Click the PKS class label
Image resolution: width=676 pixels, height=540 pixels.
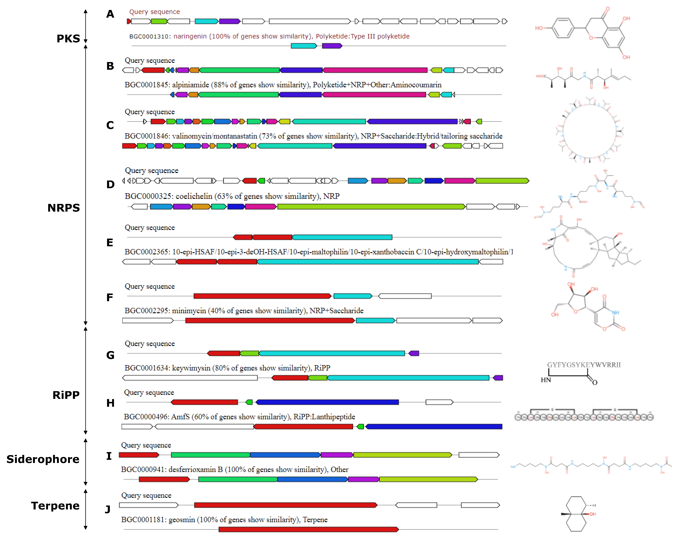pyautogui.click(x=68, y=39)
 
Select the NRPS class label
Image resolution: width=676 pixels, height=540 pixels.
pyautogui.click(x=64, y=208)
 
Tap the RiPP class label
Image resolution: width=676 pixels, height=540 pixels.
pyautogui.click(x=66, y=395)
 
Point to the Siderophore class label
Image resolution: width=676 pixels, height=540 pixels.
pyautogui.click(x=43, y=459)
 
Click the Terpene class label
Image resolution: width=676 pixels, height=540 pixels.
pyautogui.click(x=55, y=506)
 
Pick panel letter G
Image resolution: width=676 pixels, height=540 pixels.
pyautogui.click(x=110, y=355)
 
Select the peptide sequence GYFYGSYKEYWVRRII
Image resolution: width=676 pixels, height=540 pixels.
pyautogui.click(x=584, y=365)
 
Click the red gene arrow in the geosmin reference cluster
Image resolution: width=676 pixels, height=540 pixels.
pyautogui.click(x=309, y=529)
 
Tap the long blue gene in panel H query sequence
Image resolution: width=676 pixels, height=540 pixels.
pyautogui.click(x=327, y=402)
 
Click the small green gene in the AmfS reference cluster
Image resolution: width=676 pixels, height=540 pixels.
pyautogui.click(x=360, y=427)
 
